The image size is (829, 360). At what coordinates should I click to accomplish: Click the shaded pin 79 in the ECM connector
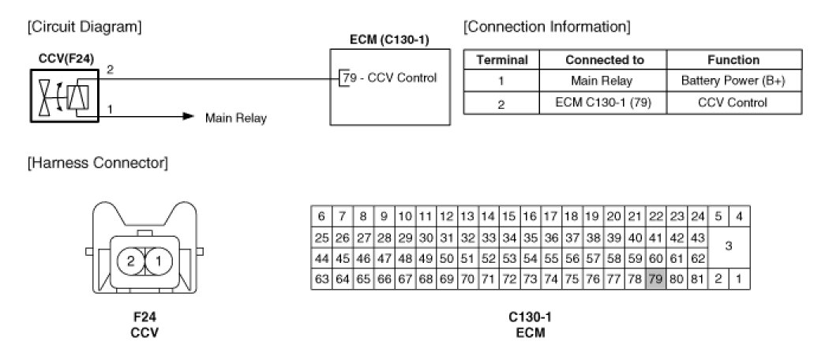pyautogui.click(x=655, y=279)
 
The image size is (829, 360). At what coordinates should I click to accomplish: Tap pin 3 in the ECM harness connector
pyautogui.click(x=729, y=247)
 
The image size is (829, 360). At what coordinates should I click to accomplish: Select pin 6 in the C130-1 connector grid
pyautogui.click(x=321, y=216)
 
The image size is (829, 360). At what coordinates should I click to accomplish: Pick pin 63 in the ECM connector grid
pyautogui.click(x=321, y=279)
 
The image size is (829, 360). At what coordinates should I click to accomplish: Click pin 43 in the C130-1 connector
pyautogui.click(x=697, y=238)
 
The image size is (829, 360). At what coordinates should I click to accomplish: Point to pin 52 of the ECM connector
pyautogui.click(x=489, y=258)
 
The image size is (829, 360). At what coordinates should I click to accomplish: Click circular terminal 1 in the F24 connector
pyautogui.click(x=159, y=261)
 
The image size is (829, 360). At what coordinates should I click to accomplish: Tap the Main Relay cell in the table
pyautogui.click(x=603, y=81)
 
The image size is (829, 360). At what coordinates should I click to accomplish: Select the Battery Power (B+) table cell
pyautogui.click(x=734, y=81)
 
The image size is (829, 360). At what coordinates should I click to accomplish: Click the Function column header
pyautogui.click(x=734, y=60)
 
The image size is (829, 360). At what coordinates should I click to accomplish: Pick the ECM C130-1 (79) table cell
pyautogui.click(x=603, y=103)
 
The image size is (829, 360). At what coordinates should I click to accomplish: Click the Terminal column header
pyautogui.click(x=501, y=60)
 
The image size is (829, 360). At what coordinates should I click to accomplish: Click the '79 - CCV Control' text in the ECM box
pyautogui.click(x=390, y=77)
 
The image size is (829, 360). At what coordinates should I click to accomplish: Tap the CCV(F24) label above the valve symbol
pyautogui.click(x=66, y=59)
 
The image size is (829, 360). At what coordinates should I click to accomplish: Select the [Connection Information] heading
pyautogui.click(x=546, y=26)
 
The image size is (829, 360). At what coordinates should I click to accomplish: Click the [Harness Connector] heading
pyautogui.click(x=98, y=163)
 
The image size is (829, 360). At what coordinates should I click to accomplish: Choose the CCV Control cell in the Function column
pyautogui.click(x=734, y=103)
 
